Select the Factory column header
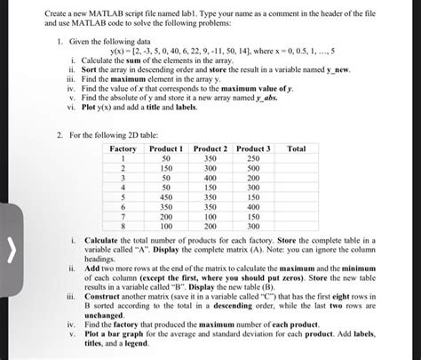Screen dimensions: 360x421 click(123, 148)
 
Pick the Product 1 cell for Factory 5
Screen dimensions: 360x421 click(166, 197)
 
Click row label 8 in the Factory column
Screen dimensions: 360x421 click(123, 227)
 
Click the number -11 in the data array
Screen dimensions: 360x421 click(237, 52)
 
